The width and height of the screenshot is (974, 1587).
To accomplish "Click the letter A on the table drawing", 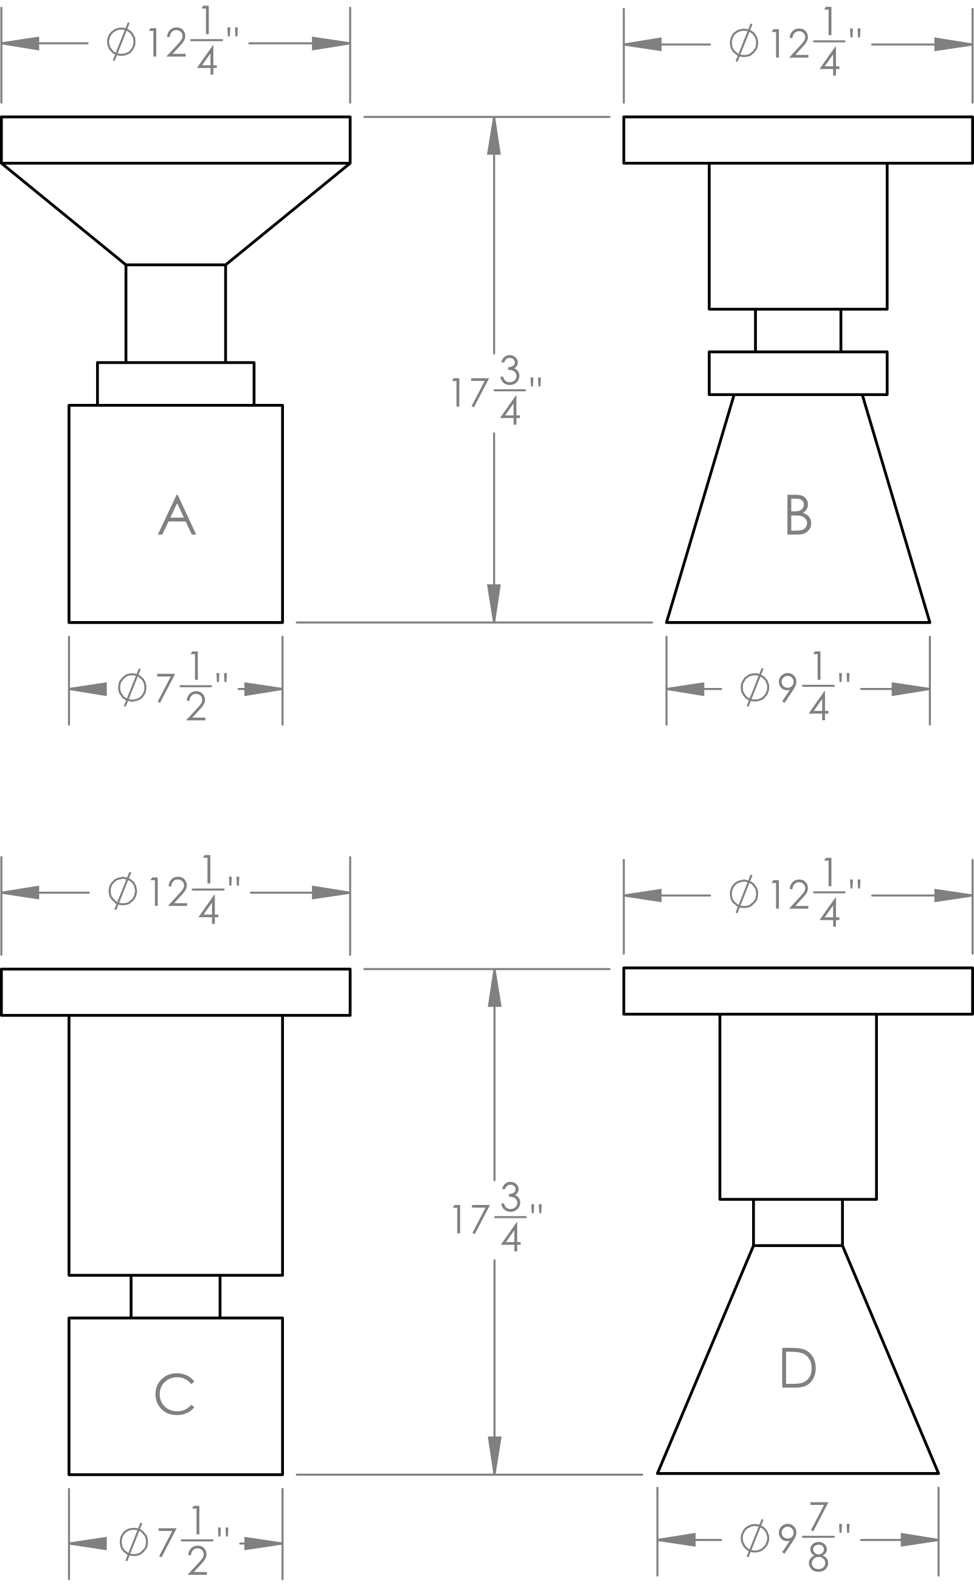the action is pos(176,515).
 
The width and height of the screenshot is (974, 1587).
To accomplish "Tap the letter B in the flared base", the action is pos(799,514).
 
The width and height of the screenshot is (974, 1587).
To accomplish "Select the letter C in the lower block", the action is pos(174,1395).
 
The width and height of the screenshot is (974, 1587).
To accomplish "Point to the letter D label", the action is pos(798,1367).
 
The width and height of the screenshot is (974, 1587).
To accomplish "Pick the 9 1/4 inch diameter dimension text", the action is pos(796,686).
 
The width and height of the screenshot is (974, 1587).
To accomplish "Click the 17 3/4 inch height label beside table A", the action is pos(497,391).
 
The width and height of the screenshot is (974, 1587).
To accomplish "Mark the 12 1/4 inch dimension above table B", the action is pos(796,41).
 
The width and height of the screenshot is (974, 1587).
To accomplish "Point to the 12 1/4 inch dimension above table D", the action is pos(796,892).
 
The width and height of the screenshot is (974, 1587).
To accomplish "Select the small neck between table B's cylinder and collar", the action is pos(798,330).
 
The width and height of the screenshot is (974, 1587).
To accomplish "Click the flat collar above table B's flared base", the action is pos(798,373).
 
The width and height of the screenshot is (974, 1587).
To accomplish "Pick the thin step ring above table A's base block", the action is pos(175,384).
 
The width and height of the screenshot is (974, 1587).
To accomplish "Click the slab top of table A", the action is pos(175,140).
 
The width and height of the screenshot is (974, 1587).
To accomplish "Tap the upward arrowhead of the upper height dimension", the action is pos(494,135).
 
